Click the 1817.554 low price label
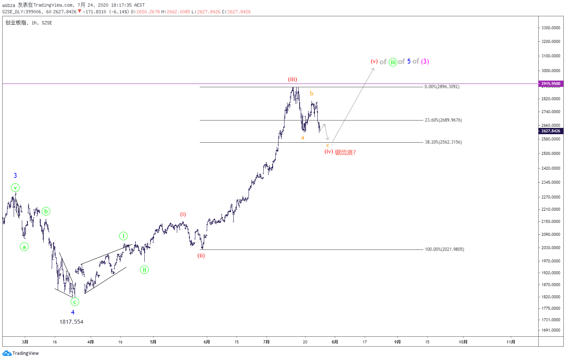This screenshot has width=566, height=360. click(x=71, y=322)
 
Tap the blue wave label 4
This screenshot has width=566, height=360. click(x=73, y=312)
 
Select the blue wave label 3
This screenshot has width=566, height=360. click(x=15, y=176)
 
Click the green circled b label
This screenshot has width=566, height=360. click(x=46, y=211)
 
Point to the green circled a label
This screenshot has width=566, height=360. click(x=24, y=247)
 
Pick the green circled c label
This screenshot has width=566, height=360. click(x=75, y=302)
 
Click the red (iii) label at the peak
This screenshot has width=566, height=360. click(x=292, y=79)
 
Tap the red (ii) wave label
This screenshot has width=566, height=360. click(x=201, y=255)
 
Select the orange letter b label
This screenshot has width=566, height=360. click(x=311, y=94)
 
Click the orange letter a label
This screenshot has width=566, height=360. click(x=303, y=137)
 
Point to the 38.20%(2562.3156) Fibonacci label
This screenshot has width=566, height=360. click(x=443, y=142)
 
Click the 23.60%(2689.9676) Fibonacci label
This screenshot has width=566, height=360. click(x=443, y=120)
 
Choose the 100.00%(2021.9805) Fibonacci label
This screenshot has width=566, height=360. click(x=444, y=249)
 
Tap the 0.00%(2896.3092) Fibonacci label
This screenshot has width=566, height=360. click(x=442, y=87)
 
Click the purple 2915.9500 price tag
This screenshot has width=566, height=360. click(x=550, y=84)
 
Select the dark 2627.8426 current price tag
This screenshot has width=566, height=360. click(x=550, y=131)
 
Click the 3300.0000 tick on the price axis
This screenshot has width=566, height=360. click(x=550, y=28)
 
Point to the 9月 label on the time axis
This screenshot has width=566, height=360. click(x=397, y=342)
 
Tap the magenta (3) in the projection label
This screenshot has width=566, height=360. click(x=425, y=61)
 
